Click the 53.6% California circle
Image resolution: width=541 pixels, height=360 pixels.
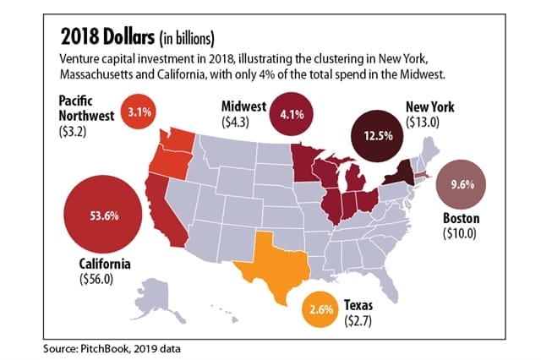point(102,215)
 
